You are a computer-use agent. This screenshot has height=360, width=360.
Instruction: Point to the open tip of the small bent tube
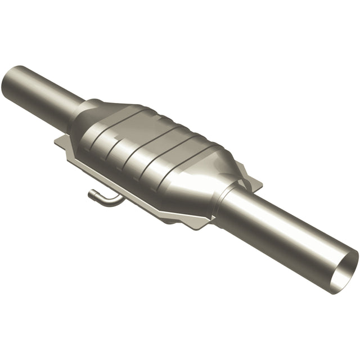tap(91, 194)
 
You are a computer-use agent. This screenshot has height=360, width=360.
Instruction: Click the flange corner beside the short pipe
tap(60, 141)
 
